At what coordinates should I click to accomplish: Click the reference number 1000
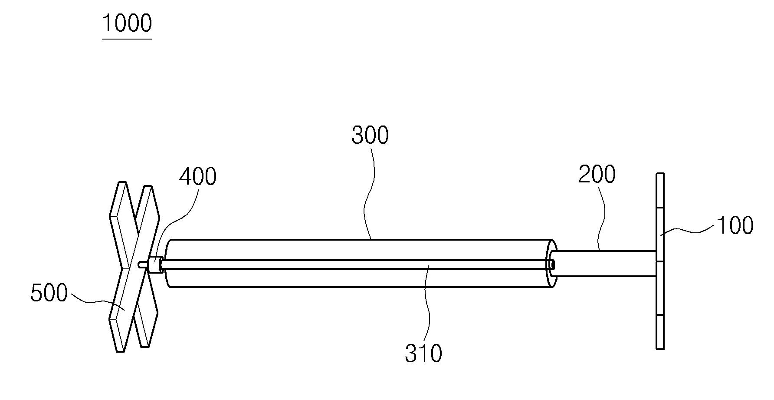(x=127, y=23)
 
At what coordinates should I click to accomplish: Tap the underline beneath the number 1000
(x=127, y=39)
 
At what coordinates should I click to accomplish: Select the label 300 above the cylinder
(x=370, y=135)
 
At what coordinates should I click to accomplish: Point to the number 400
(x=198, y=177)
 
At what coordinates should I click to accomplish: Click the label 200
(x=597, y=174)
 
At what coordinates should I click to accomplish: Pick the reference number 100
(x=735, y=226)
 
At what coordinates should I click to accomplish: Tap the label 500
(x=49, y=294)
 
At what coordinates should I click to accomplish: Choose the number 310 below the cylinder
(x=423, y=353)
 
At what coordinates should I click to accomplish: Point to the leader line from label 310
(x=429, y=304)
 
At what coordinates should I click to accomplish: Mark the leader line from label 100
(x=687, y=230)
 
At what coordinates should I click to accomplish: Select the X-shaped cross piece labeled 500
(x=134, y=266)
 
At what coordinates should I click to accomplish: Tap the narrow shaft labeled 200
(x=603, y=264)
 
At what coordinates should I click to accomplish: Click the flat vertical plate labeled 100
(x=660, y=261)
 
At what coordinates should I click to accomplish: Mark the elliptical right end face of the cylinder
(x=552, y=263)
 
